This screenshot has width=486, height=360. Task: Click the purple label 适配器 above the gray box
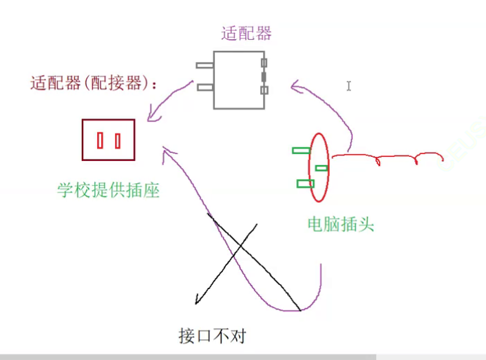[246, 33]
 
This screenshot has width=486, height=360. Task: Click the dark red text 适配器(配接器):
[94, 84]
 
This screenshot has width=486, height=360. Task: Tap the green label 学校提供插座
[108, 190]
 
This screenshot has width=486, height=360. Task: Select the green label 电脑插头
[341, 224]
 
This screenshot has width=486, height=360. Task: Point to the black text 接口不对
[211, 337]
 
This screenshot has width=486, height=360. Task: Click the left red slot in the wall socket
[101, 141]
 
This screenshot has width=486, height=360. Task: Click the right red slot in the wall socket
[118, 141]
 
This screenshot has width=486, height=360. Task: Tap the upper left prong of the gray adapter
[204, 66]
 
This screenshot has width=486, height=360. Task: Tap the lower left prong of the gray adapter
[205, 87]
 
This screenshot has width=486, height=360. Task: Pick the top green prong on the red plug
[300, 150]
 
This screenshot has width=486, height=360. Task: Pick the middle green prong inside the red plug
[321, 168]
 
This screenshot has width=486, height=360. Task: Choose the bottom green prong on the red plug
[306, 183]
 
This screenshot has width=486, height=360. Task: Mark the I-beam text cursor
[349, 86]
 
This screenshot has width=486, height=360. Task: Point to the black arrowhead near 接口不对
[198, 300]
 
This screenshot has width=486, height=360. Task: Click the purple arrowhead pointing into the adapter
[295, 87]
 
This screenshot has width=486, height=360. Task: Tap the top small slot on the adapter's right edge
[263, 63]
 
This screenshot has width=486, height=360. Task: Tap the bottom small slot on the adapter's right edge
[263, 90]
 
